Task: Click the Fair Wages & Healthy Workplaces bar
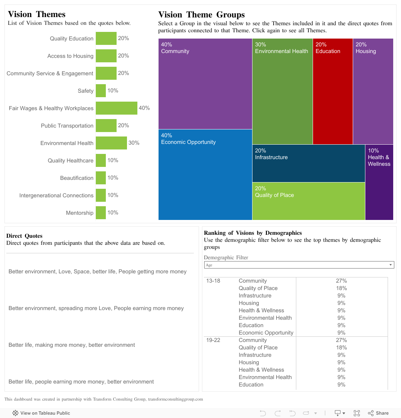click(x=117, y=108)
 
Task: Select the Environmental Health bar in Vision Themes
click(x=111, y=143)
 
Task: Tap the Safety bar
click(x=101, y=90)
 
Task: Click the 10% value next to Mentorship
click(x=113, y=213)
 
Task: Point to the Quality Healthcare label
click(x=71, y=161)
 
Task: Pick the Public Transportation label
click(x=67, y=126)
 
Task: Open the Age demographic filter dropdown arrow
click(x=390, y=265)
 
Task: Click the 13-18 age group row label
click(x=213, y=281)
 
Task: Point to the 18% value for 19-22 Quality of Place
click(x=342, y=348)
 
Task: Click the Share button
click(x=378, y=413)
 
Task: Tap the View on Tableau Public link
click(x=41, y=413)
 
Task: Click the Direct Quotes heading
click(x=25, y=236)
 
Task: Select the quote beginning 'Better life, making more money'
click(x=72, y=345)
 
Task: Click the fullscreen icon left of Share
click(x=357, y=413)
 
